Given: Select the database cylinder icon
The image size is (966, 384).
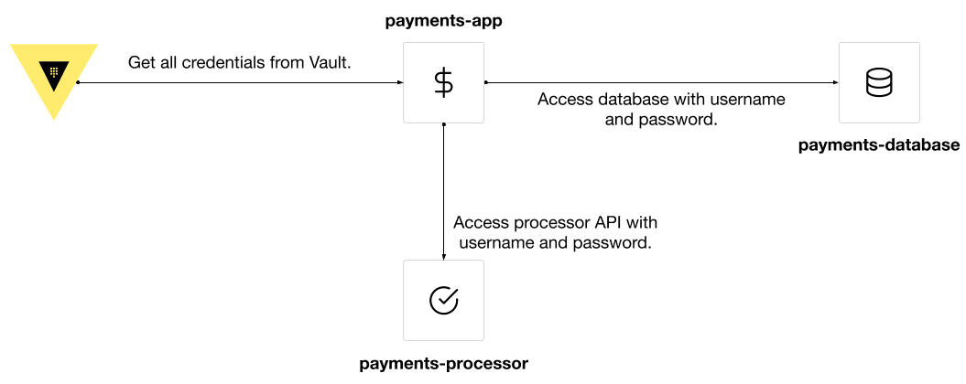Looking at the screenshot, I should click(x=878, y=83).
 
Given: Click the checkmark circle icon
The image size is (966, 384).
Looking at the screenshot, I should click(x=443, y=300).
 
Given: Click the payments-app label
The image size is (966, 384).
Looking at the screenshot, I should click(x=443, y=20).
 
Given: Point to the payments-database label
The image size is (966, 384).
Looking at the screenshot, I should click(x=878, y=145).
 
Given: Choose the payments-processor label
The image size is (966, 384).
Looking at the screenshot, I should click(x=443, y=364).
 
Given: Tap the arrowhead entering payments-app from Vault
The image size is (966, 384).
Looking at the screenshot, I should click(x=399, y=82).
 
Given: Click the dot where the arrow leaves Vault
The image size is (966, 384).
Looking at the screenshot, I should click(x=79, y=82).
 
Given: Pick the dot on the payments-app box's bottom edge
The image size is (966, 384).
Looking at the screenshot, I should click(x=443, y=123).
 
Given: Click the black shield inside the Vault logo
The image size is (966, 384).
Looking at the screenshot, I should click(x=55, y=73).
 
